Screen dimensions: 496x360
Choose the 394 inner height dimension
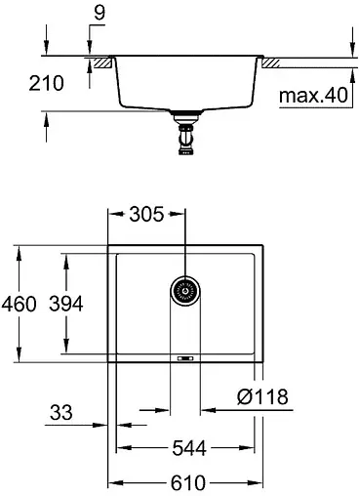tap(65, 304)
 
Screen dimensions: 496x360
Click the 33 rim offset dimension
tap(62, 413)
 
